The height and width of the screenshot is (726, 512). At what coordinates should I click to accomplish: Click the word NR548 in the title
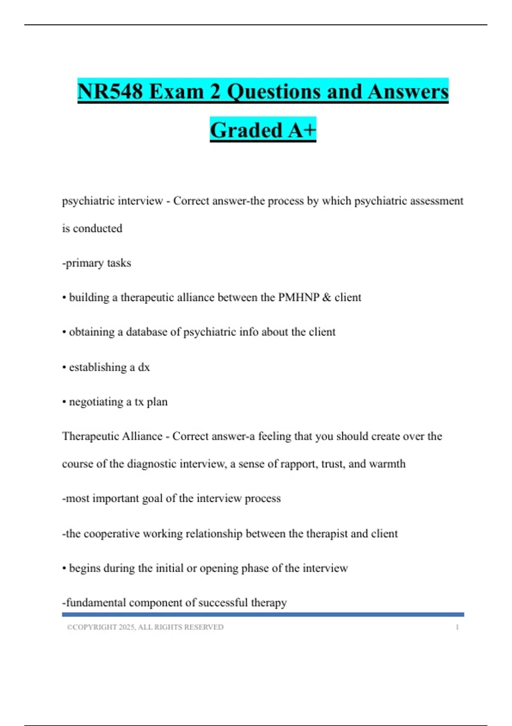110,92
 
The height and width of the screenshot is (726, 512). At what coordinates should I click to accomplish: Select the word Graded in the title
246,130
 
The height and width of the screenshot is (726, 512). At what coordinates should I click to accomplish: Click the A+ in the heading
302,130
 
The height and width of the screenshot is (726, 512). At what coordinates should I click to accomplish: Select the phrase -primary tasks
96,263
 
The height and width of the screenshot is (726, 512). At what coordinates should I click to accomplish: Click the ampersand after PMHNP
327,297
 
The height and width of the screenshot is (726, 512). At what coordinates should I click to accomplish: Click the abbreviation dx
144,367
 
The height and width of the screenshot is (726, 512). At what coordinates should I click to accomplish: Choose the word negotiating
96,402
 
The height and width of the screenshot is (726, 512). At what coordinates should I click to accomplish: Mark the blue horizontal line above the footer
263,615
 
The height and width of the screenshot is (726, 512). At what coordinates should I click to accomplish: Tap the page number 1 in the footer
457,627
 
